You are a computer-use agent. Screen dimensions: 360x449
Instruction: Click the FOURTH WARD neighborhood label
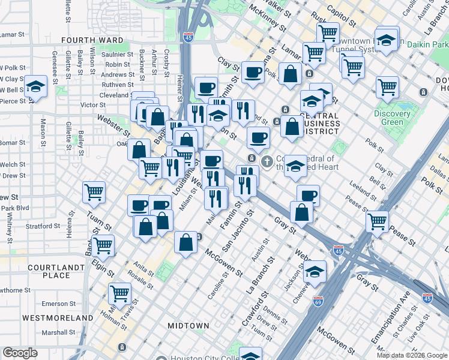tap(92, 40)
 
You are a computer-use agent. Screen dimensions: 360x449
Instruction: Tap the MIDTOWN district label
tap(188, 326)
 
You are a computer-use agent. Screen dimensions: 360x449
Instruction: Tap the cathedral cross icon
tap(267, 161)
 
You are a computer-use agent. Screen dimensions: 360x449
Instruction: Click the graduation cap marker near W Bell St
tap(36, 86)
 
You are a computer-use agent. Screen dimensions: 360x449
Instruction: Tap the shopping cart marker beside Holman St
tap(120, 293)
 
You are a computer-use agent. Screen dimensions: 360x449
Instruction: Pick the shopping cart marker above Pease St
tap(377, 221)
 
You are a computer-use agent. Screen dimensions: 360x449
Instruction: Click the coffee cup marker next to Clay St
tap(252, 73)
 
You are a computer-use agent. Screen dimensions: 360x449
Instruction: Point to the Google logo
tap(20, 353)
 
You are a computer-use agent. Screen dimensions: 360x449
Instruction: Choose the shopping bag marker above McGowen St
tap(186, 242)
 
